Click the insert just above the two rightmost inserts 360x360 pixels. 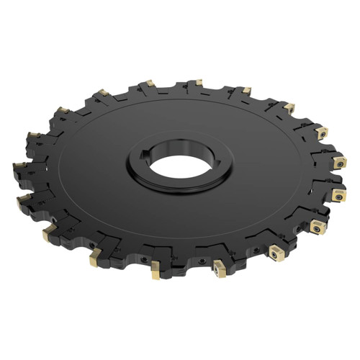click(321, 132)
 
